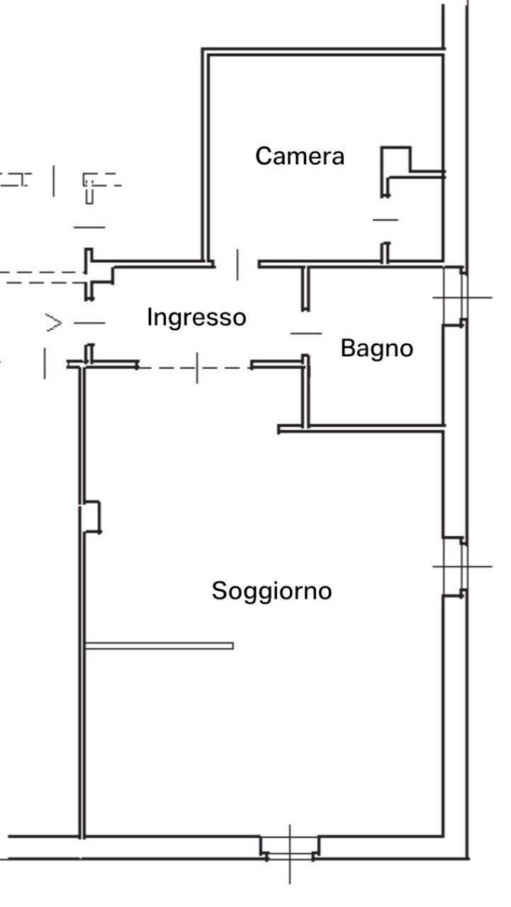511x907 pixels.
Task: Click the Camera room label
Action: pyautogui.click(x=300, y=156)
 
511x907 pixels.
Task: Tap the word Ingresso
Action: pyautogui.click(x=196, y=317)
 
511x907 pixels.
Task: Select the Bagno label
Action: pyautogui.click(x=376, y=349)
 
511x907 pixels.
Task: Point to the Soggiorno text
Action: pyautogui.click(x=271, y=590)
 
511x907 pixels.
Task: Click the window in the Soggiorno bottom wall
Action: pyautogui.click(x=289, y=847)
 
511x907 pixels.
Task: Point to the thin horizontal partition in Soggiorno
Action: pyautogui.click(x=159, y=646)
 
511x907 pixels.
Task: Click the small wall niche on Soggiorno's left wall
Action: pyautogui.click(x=91, y=517)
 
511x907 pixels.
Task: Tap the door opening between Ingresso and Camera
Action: pyautogui.click(x=237, y=264)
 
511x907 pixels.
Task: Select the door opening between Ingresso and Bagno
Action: pyautogui.click(x=306, y=332)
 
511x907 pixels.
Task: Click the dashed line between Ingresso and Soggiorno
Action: pyautogui.click(x=195, y=368)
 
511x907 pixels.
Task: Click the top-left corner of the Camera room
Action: pyautogui.click(x=206, y=52)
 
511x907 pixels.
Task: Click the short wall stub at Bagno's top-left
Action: pyautogui.click(x=305, y=288)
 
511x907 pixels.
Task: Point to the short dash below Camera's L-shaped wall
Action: pyautogui.click(x=386, y=220)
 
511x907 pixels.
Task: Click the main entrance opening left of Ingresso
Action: pyautogui.click(x=89, y=323)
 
